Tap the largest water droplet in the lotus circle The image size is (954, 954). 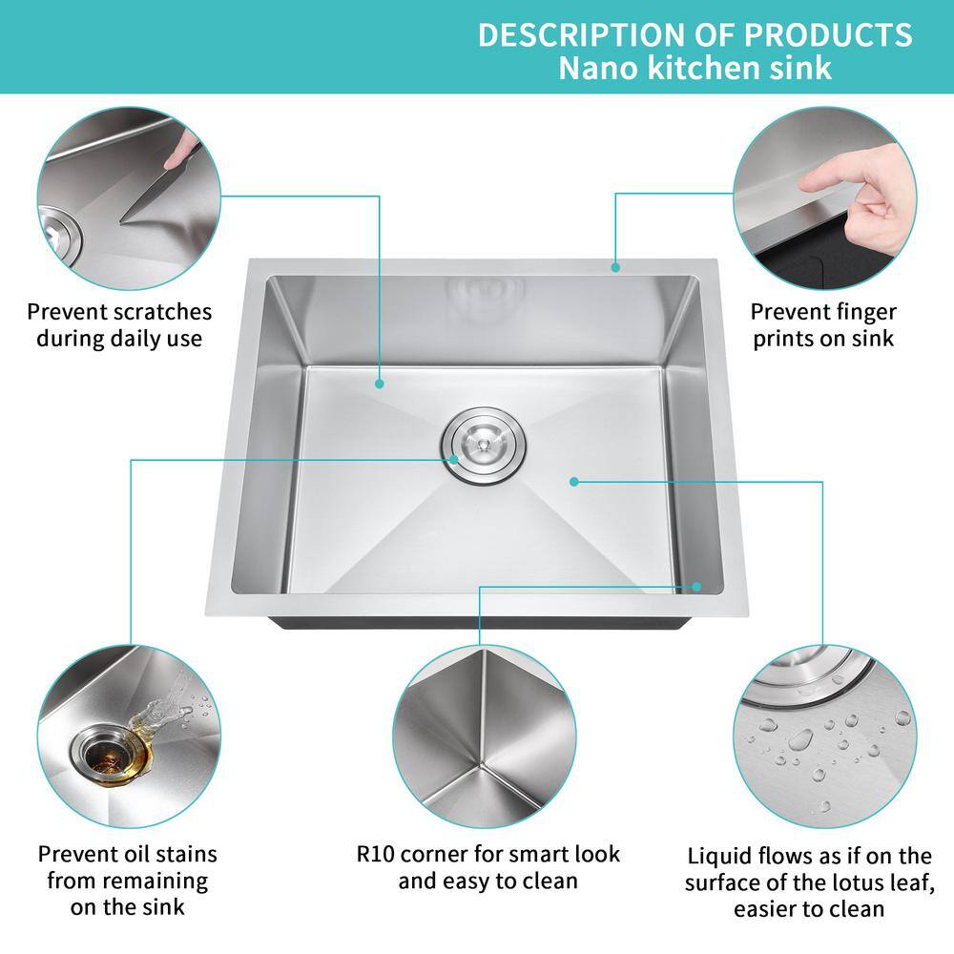799,739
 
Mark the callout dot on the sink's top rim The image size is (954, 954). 616,268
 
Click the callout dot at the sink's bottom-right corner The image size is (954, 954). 698,587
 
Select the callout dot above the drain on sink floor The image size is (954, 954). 380,384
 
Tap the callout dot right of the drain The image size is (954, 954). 573,482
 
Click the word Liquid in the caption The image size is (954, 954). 719,855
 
